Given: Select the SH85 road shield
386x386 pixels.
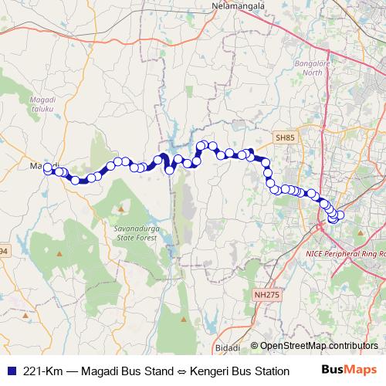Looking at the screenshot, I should tap(285, 137).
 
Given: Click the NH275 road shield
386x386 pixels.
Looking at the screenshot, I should tap(264, 294).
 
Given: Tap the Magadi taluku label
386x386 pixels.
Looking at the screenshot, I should tap(42, 105).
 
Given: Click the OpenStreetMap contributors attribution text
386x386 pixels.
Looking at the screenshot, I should tap(319, 346).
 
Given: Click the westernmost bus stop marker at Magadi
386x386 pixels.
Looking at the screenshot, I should tap(48, 168).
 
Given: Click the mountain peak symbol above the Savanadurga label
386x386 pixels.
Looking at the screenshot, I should tap(121, 208).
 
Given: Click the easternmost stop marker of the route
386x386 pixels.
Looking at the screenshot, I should tap(340, 215).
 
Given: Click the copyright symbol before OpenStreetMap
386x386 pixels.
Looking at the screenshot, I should tap(254, 346).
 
